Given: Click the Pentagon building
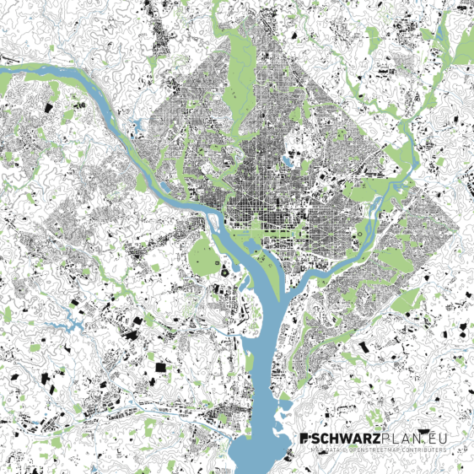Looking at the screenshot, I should pyautogui.click(x=224, y=272).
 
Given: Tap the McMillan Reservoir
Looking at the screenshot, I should pyautogui.click(x=288, y=159).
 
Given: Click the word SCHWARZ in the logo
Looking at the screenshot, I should pyautogui.click(x=347, y=439).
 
